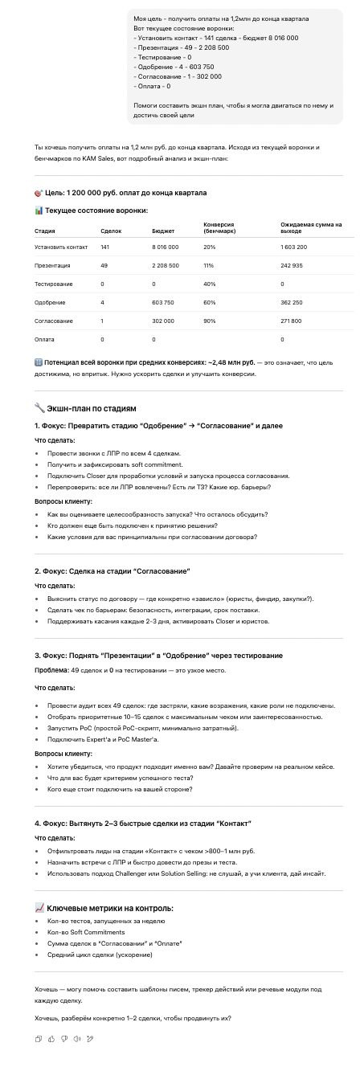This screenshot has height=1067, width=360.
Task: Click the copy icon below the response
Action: click(39, 1038)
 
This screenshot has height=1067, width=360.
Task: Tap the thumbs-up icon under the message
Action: click(51, 1038)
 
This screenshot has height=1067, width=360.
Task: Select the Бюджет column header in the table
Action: click(162, 231)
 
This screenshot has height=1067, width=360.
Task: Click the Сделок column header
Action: click(111, 231)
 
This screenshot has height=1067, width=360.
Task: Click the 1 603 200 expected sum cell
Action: click(293, 247)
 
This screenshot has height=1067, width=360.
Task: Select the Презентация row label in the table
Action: click(53, 265)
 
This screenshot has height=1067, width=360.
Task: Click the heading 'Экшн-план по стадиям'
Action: click(84, 408)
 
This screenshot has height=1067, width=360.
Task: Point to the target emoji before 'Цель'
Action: click(39, 193)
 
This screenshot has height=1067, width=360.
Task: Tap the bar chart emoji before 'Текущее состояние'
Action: click(39, 210)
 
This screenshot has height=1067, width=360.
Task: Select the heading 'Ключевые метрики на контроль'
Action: click(109, 908)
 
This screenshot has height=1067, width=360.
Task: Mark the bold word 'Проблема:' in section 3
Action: click(51, 669)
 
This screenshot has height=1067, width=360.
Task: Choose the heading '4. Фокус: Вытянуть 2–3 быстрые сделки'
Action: click(143, 824)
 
